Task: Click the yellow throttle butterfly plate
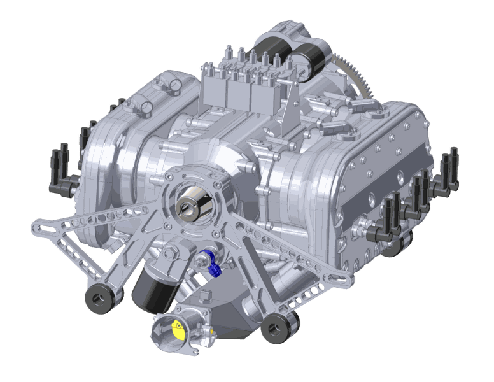coord(178,328)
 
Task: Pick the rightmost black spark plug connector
coord(454,162)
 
